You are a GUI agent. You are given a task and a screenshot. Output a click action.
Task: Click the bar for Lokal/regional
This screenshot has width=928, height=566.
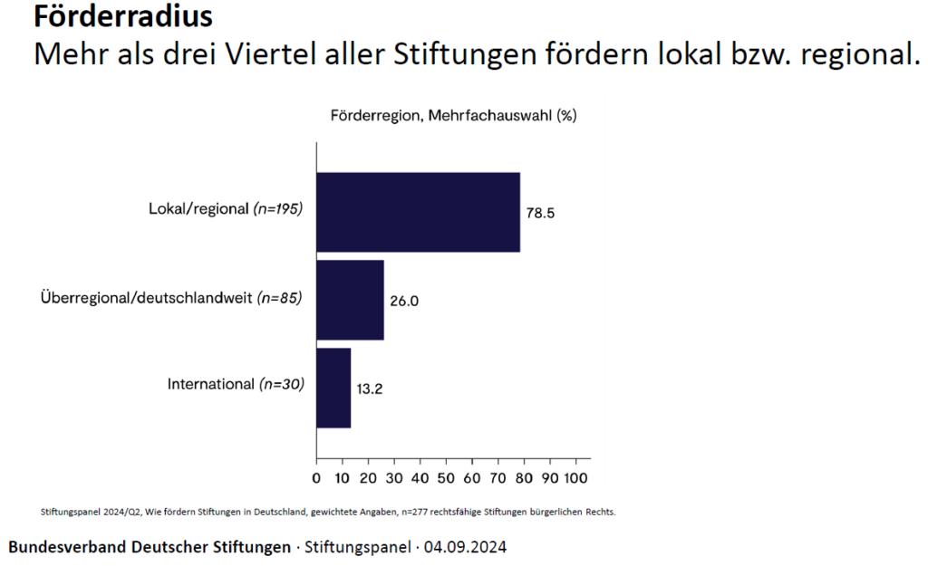tap(418, 212)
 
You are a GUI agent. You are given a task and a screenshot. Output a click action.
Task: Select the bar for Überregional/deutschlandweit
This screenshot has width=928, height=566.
tap(350, 300)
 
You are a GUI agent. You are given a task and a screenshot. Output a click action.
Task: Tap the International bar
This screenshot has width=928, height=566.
tap(333, 388)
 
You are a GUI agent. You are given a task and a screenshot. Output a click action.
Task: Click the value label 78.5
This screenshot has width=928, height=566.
tap(540, 213)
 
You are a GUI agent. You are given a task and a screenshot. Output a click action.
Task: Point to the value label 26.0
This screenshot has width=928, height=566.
tap(404, 301)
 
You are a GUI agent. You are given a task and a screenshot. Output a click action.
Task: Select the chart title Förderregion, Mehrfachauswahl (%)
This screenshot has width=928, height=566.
tap(454, 115)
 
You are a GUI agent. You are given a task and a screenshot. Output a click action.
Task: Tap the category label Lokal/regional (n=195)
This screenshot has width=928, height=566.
tap(226, 208)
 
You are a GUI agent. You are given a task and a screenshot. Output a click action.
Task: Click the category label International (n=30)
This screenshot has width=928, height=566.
tap(236, 384)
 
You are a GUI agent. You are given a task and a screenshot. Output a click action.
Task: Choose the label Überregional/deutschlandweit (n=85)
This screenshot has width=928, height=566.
tap(171, 296)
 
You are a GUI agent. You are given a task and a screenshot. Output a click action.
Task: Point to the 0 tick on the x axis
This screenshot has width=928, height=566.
tap(316, 476)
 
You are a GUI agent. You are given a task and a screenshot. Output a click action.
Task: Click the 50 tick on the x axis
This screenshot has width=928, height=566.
tap(446, 476)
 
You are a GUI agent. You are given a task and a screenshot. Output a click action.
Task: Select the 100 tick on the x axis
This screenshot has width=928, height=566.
tap(576, 476)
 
